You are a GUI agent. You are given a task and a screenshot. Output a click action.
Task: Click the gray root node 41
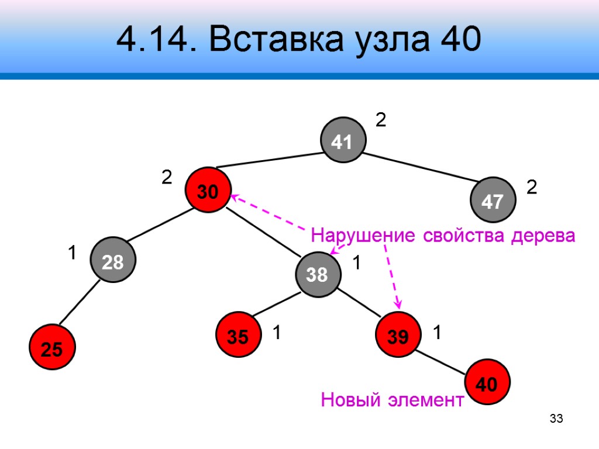click(342, 141)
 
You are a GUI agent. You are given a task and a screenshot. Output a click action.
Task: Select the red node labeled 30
click(207, 191)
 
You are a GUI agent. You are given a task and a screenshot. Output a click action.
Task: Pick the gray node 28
click(112, 263)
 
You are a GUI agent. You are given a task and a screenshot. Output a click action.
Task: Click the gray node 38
click(317, 274)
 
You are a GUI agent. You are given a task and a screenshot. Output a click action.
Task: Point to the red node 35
click(238, 336)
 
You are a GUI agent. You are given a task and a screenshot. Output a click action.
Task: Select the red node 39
click(398, 336)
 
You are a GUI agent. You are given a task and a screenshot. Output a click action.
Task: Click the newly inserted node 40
click(487, 383)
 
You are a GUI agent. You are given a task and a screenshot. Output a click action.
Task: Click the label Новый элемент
click(392, 400)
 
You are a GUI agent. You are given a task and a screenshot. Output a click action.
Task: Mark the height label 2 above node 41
click(381, 121)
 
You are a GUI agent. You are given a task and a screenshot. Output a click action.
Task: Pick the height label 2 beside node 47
click(532, 188)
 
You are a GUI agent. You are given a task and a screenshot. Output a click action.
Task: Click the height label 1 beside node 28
click(72, 254)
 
